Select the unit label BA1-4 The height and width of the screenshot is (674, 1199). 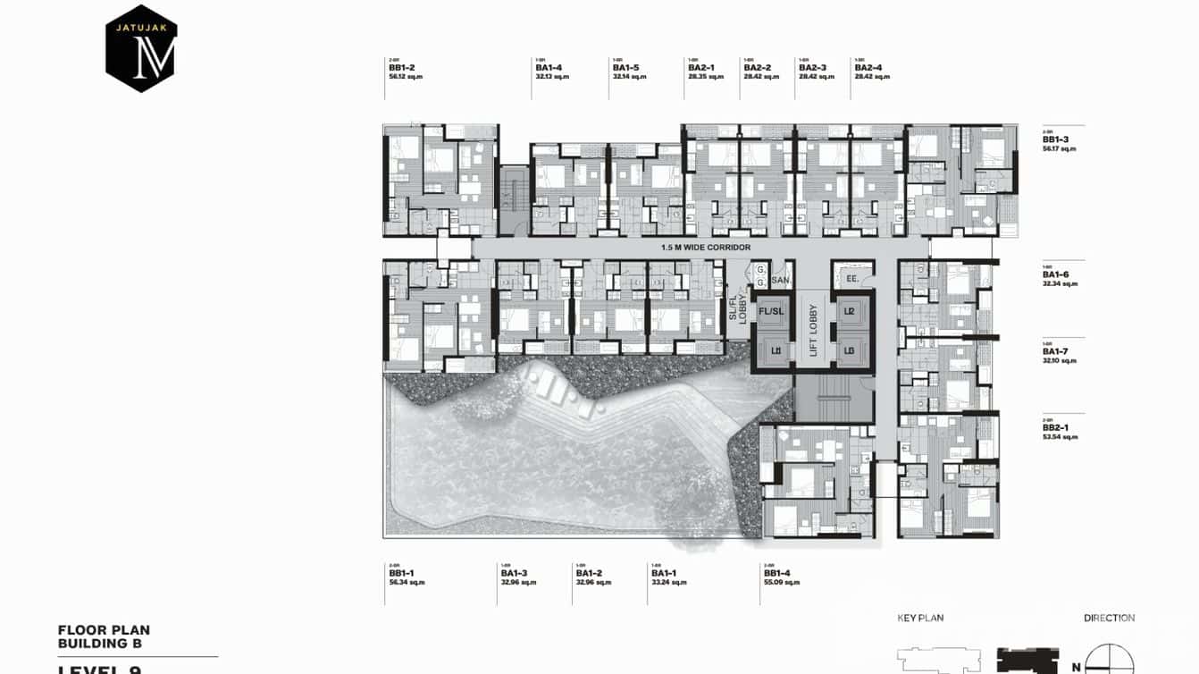tap(549, 68)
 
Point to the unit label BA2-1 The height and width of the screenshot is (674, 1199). tap(700, 68)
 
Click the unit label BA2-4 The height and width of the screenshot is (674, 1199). tap(868, 68)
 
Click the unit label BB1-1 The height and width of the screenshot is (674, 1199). tap(401, 573)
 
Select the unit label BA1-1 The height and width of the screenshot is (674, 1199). tap(663, 573)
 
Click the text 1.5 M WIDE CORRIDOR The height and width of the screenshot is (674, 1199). tap(705, 247)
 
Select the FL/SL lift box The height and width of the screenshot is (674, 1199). tap(770, 311)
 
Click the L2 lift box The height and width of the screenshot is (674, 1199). tap(850, 311)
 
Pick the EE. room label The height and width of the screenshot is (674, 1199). tap(851, 279)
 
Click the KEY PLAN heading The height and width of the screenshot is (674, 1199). tap(920, 618)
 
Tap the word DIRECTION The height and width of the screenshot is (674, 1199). tap(1109, 618)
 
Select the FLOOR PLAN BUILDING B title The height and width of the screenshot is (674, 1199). tap(104, 636)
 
